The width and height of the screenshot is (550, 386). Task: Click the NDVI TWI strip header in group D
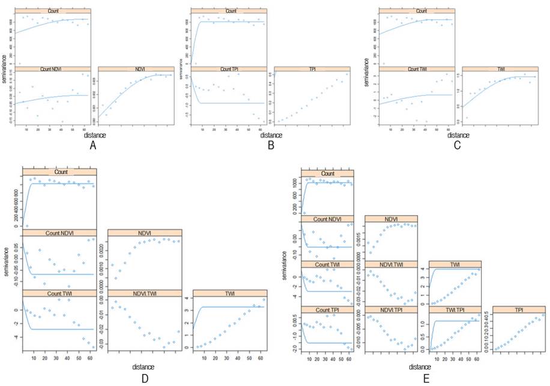click(145, 293)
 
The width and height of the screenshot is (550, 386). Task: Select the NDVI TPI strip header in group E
click(393, 310)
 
